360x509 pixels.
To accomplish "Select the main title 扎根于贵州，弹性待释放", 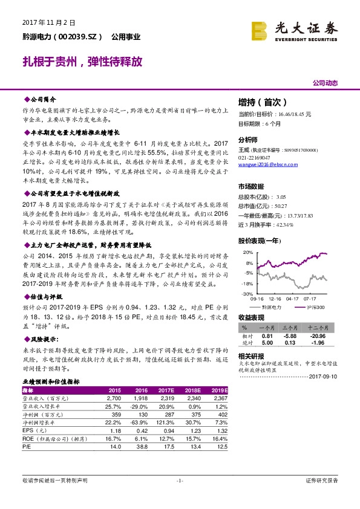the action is point(82,62).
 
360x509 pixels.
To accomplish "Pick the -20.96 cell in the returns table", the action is point(318,336).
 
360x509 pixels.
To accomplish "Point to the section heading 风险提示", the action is point(42,340).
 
